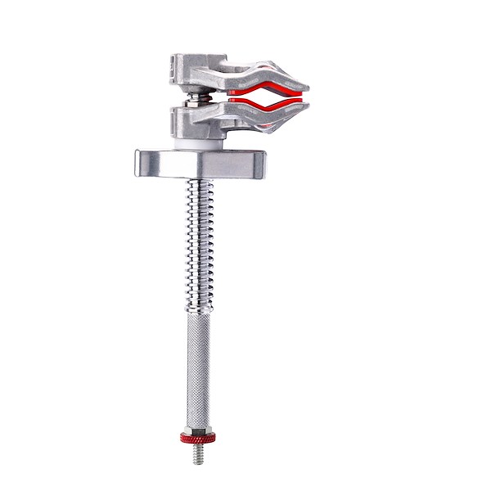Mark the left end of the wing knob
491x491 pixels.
click(x=136, y=162)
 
